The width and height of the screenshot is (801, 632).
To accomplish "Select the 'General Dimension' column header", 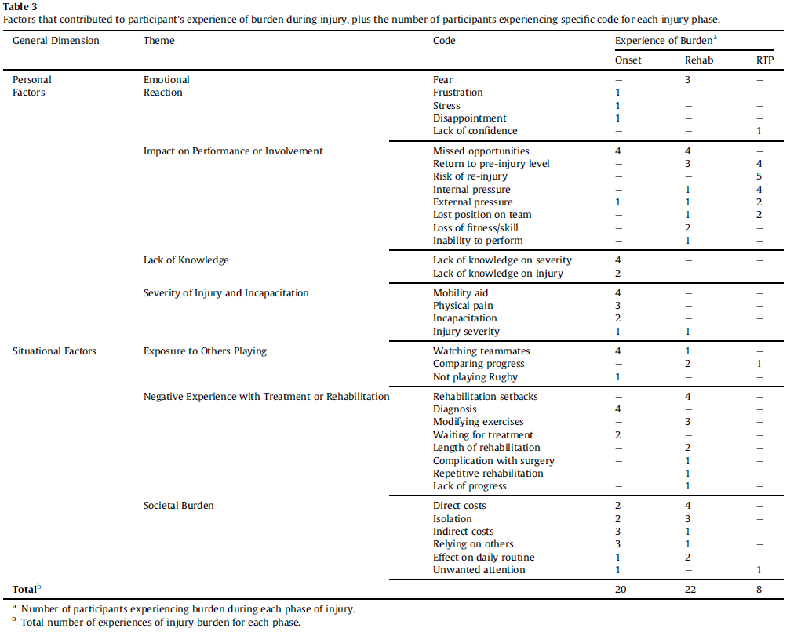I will (56, 40).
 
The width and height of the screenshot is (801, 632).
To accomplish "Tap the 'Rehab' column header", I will (699, 60).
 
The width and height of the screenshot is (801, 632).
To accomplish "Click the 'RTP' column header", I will (759, 60).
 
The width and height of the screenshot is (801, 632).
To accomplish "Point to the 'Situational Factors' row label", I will (54, 351).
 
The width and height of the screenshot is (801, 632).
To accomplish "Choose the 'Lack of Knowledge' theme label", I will (186, 260).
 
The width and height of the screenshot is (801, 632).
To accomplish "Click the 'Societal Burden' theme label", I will (178, 506).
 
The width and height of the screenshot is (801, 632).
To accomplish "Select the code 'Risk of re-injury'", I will (470, 176).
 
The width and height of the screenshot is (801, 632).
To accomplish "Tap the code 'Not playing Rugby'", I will (475, 377).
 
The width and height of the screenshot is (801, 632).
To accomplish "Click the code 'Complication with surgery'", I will (493, 460).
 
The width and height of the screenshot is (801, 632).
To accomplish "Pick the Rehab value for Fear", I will (687, 80).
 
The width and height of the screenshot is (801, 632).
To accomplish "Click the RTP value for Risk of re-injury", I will (759, 176).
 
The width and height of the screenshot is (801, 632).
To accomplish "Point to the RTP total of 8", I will (759, 588).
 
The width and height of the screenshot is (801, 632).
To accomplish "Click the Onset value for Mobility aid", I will (618, 293).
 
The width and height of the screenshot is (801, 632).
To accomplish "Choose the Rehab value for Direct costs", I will (687, 506).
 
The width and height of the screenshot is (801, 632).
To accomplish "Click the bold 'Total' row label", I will (24, 588).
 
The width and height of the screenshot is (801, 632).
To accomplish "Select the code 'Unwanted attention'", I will (479, 570).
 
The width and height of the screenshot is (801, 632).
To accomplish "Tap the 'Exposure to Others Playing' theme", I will (205, 351).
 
